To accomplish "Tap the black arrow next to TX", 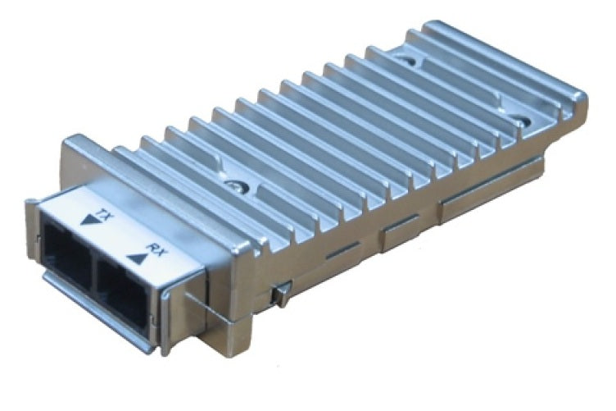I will point(87,220).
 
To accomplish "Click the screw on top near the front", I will point(237,185).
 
